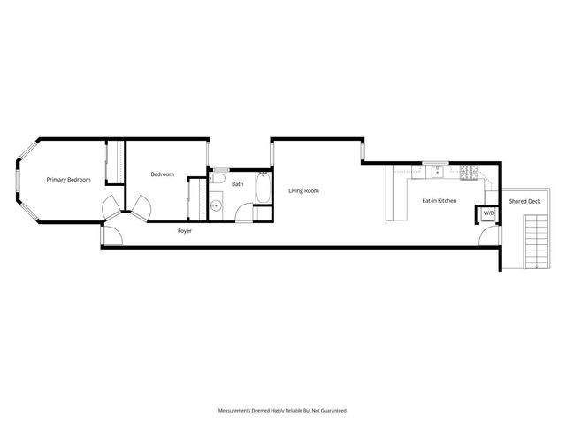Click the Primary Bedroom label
point(69,180)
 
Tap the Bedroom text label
point(162,174)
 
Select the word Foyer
point(185,231)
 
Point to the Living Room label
point(303,191)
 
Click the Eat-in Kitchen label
point(439,201)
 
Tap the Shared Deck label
point(524,201)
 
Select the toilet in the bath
point(218,179)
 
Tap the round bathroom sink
point(217,207)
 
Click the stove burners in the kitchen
point(470,170)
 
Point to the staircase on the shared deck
point(537,242)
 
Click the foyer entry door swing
point(112,236)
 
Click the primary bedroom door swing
point(111,207)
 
